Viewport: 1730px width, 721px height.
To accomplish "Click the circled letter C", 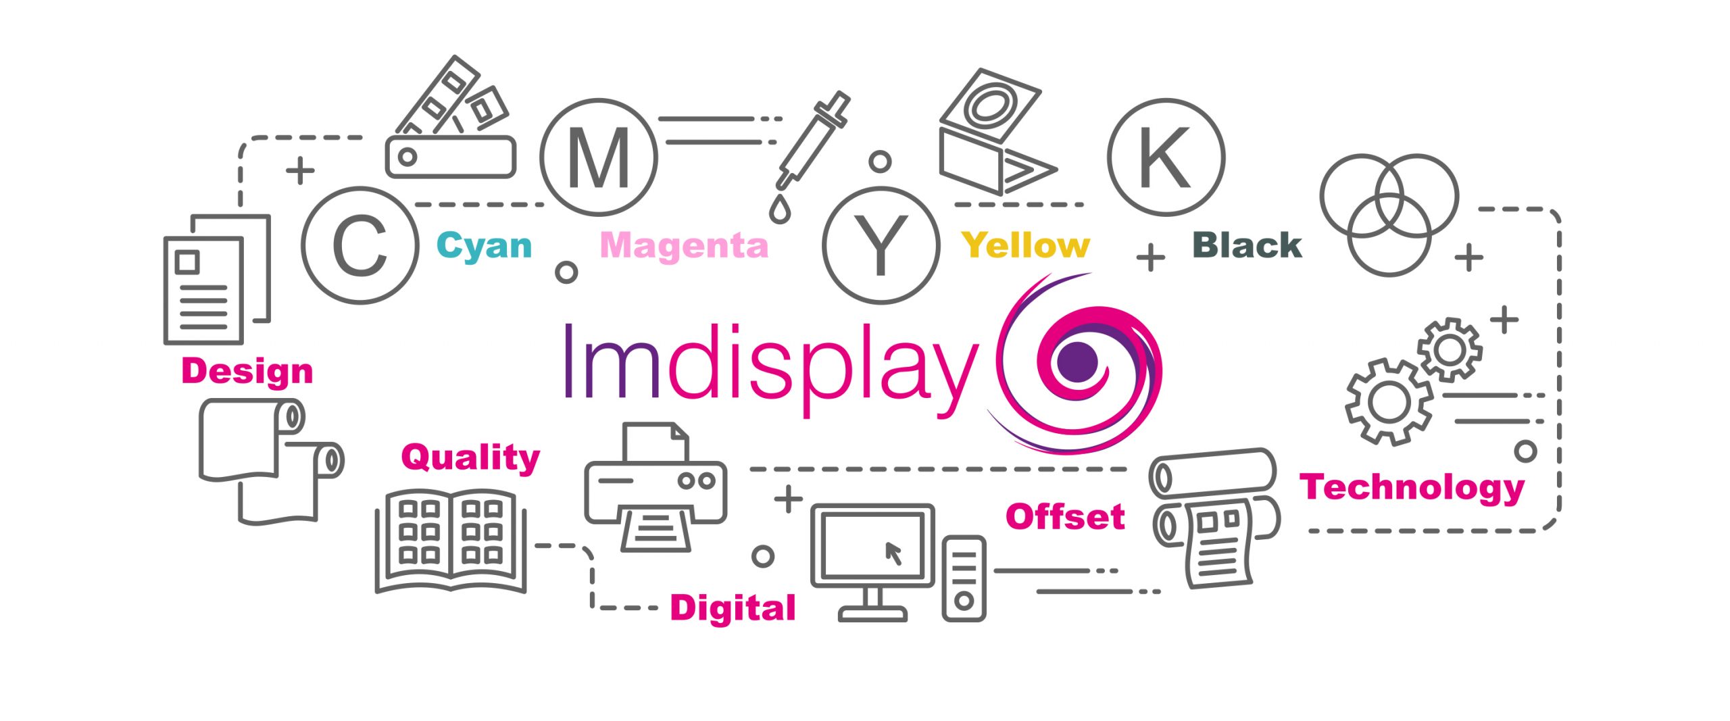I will point(360,246).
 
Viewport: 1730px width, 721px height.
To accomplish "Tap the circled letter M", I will point(599,157).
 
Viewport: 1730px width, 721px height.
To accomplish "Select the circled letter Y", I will point(881,246).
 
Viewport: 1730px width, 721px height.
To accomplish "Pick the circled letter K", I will point(1165,157).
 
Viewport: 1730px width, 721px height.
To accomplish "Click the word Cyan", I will point(484,246).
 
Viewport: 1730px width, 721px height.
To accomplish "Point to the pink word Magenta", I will point(684,245).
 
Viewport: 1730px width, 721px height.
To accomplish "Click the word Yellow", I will point(1026,245).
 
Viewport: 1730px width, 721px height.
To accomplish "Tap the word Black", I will point(1247,245).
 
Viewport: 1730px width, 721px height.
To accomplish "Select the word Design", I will point(247,372).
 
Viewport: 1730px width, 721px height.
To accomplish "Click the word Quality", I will point(470,458).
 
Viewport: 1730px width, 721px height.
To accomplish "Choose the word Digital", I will point(733,607).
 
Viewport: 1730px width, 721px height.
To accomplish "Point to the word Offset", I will point(1065,517).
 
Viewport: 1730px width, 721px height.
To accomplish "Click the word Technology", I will point(1412,488).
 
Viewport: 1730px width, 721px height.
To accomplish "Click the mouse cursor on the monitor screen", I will point(893,553).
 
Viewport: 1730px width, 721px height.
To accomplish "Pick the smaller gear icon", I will point(1450,350).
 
